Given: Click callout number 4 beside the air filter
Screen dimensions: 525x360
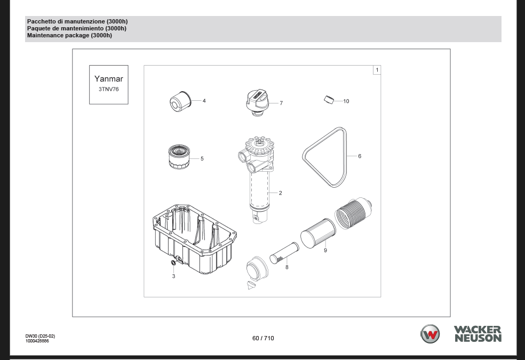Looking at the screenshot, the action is click(204, 101).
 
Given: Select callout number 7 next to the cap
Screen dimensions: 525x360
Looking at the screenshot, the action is click(281, 103).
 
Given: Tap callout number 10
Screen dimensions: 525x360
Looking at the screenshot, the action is click(346, 101).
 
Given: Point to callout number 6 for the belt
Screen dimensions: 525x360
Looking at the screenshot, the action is click(360, 156).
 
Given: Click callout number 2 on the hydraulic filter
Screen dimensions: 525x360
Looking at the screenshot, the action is click(280, 193).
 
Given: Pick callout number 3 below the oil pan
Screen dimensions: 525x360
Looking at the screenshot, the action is click(173, 276).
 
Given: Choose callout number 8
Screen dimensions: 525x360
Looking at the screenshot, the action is click(287, 267).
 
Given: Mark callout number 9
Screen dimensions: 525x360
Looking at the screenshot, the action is click(325, 250).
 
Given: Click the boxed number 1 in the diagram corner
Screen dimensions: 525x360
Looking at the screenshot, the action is click(377, 70).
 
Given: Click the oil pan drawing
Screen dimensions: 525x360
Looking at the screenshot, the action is click(195, 239).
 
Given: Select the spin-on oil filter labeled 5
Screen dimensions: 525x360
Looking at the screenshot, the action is click(180, 157).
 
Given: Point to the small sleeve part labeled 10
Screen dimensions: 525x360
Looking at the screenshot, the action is click(329, 100).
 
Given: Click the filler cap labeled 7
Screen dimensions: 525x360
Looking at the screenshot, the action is click(257, 103).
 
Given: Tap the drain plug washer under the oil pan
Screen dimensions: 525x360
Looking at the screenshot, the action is click(173, 262).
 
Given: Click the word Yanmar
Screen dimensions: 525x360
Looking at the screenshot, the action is click(109, 78).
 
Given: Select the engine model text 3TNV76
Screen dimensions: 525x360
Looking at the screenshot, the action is click(108, 89).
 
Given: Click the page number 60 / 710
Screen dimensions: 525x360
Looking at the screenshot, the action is click(263, 338).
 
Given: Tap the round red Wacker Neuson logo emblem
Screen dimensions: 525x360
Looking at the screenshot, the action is click(430, 334).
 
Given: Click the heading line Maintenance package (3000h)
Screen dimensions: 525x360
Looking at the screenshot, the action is click(70, 35).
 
